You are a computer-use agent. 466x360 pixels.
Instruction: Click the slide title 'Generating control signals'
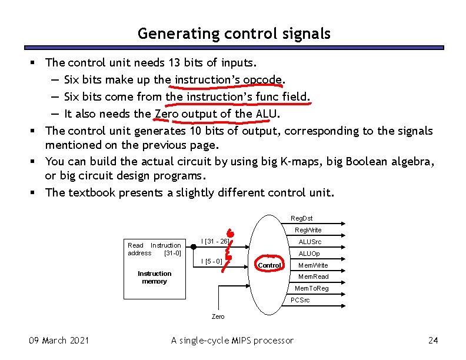coord(234,34)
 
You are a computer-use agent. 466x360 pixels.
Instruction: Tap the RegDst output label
coord(301,218)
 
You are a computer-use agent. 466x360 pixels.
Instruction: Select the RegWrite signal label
coord(308,230)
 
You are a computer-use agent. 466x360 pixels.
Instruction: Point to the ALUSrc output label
coord(309,242)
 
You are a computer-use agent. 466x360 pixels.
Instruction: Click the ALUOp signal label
coord(309,254)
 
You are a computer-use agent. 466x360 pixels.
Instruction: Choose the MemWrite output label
coord(313,265)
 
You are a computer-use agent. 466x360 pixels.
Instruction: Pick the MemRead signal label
coord(313,276)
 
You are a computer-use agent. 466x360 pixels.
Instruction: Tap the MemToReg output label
coord(311,288)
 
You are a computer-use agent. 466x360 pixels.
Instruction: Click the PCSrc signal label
coord(301,300)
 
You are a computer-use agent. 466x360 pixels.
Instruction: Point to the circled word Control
coord(269,265)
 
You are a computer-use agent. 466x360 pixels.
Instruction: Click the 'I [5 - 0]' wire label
coord(211,261)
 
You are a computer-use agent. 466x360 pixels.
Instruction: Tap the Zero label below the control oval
coord(218,316)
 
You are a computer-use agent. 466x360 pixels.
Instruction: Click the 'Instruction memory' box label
coord(154,277)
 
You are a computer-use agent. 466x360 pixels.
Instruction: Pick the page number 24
coord(434,340)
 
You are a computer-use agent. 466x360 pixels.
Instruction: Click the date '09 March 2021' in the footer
coord(59,340)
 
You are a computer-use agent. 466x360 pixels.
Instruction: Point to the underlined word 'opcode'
coord(268,79)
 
